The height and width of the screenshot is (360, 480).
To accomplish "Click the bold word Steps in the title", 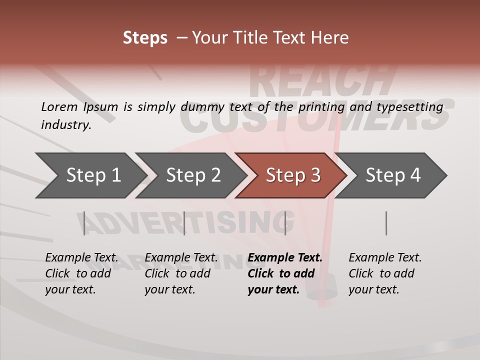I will point(145,38).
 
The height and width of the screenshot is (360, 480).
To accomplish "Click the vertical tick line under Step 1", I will point(84,223).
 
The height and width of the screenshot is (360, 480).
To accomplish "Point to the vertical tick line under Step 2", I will point(184,223).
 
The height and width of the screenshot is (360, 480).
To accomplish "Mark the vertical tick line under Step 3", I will point(285,223).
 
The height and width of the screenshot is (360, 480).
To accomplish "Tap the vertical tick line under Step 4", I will point(386,223).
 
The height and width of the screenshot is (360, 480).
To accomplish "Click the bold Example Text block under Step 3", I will point(285,273).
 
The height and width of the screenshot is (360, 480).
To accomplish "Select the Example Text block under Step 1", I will point(81,273).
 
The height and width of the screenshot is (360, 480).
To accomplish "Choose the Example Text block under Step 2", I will point(181,273).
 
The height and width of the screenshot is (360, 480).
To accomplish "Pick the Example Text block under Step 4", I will point(385,273).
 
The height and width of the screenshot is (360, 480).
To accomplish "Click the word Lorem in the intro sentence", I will point(59,107).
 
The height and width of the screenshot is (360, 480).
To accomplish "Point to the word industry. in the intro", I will point(66,125).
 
